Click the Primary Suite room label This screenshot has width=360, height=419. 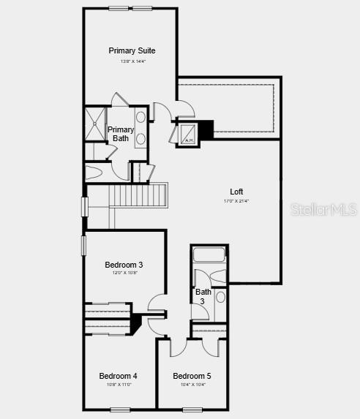pyautogui.click(x=132, y=50)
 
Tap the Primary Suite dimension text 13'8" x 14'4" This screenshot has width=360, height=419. pyautogui.click(x=132, y=61)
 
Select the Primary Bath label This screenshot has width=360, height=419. pyautogui.click(x=121, y=134)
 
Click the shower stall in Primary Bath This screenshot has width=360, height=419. pyautogui.click(x=95, y=124)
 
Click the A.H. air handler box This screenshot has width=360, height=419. pyautogui.click(x=187, y=135)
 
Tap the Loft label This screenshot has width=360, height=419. pyautogui.click(x=236, y=192)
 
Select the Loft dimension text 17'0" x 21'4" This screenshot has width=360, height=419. pyautogui.click(x=236, y=201)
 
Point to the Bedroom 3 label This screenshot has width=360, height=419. pyautogui.click(x=124, y=265)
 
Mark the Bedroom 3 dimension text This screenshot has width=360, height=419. pyautogui.click(x=124, y=273)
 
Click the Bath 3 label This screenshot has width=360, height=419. pyautogui.click(x=203, y=296)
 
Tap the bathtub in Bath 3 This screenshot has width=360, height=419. pyautogui.click(x=210, y=255)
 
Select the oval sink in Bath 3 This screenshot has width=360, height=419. pyautogui.click(x=220, y=296)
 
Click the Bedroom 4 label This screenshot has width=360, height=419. pyautogui.click(x=119, y=376)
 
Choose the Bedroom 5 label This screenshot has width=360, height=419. pyautogui.click(x=192, y=376)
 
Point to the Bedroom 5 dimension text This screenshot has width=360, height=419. pyautogui.click(x=192, y=385)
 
